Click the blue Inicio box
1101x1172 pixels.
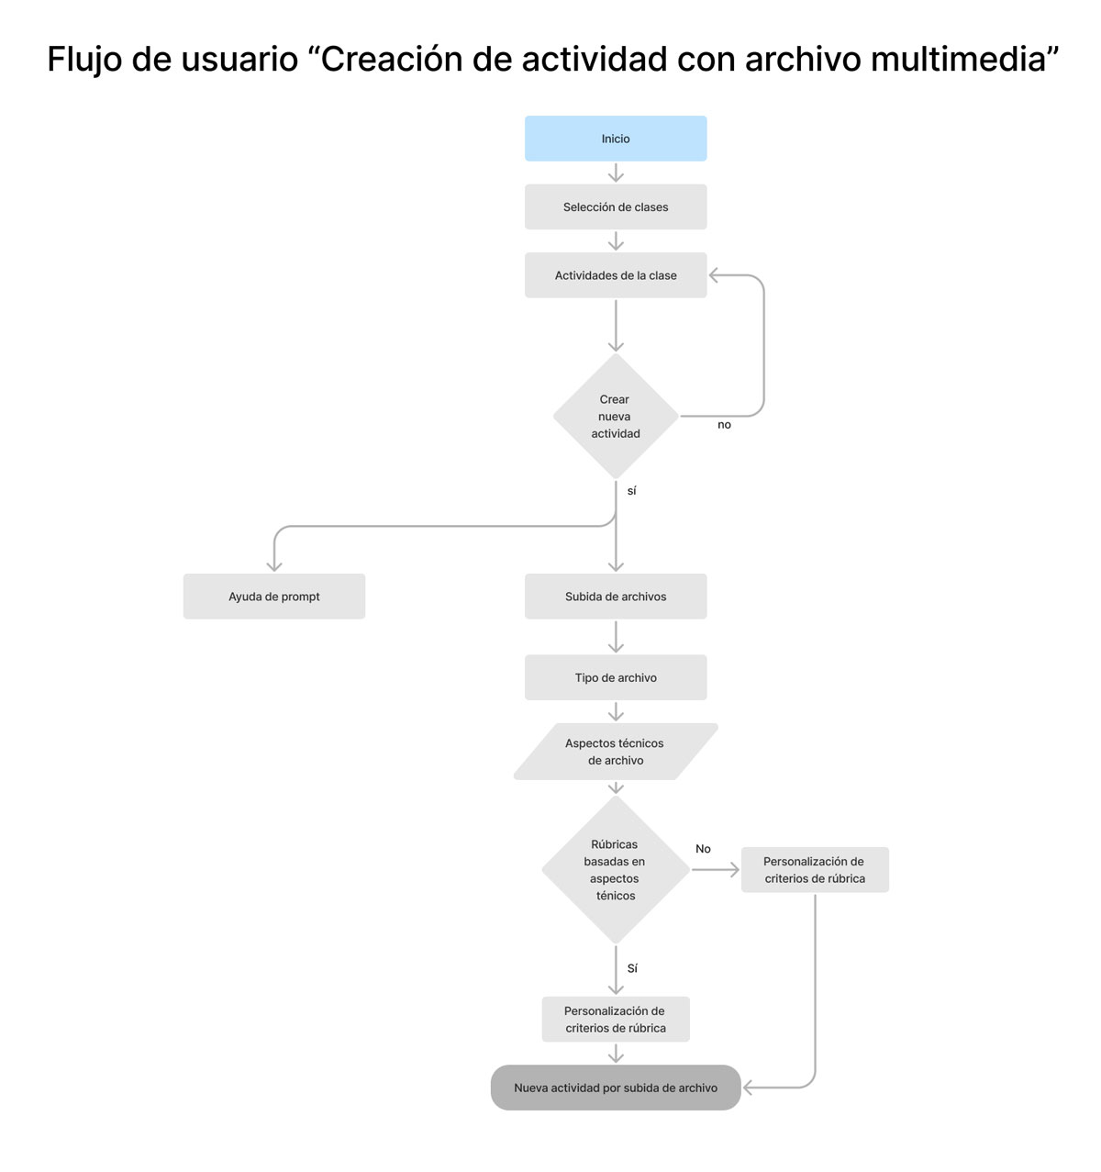pos(616,139)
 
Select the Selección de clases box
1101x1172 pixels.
pos(616,207)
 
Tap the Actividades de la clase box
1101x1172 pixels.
pos(616,275)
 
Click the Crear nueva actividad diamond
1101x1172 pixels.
pos(616,416)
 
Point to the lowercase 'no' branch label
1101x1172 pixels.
pos(724,425)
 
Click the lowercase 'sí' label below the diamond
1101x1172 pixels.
pos(631,490)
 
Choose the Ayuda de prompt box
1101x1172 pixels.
pos(273,596)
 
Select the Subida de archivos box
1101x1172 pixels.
pos(616,596)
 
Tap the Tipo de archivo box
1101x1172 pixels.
pos(616,677)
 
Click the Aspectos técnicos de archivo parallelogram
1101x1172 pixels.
pos(616,752)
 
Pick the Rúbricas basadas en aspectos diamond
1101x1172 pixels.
pos(616,869)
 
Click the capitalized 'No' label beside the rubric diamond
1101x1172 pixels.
pos(703,849)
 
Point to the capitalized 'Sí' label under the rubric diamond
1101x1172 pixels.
pos(632,968)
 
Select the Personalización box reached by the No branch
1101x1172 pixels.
pos(814,869)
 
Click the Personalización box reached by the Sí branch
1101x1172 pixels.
pos(616,1019)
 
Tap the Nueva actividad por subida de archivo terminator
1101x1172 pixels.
pos(616,1088)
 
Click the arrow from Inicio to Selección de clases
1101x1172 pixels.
pos(616,173)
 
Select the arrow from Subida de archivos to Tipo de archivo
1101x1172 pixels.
pos(616,636)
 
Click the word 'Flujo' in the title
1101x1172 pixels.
pos(84,61)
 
